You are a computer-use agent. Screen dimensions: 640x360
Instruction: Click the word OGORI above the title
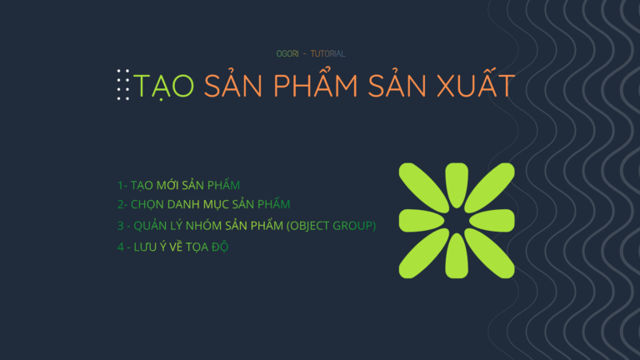click(287, 54)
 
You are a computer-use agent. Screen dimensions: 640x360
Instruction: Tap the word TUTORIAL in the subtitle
click(327, 54)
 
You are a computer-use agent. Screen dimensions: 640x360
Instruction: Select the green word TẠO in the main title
click(163, 86)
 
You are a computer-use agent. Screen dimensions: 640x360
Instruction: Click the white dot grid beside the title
click(123, 85)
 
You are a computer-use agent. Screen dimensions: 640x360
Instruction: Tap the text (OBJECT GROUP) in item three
click(331, 226)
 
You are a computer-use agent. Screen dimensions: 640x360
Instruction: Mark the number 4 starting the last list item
click(120, 247)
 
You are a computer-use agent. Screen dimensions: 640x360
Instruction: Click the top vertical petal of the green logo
click(457, 184)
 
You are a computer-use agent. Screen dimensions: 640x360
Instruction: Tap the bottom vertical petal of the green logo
click(457, 257)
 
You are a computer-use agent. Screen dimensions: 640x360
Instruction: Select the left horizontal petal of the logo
click(421, 221)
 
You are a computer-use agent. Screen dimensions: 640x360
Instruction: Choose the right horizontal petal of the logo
click(492, 221)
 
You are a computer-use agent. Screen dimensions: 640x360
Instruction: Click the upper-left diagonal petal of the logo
click(423, 187)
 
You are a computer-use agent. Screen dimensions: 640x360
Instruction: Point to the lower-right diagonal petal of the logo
click(490, 253)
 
